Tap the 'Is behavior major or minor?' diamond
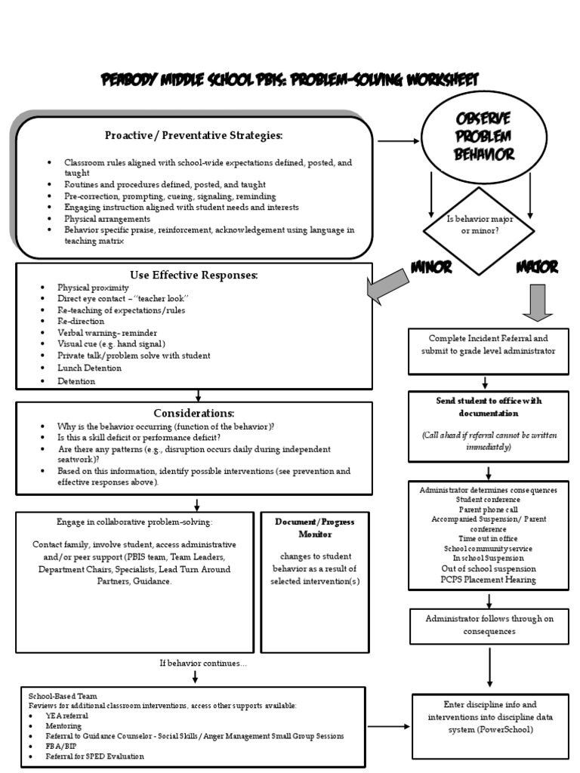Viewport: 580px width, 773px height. pyautogui.click(x=478, y=224)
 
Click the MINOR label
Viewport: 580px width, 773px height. pyautogui.click(x=431, y=267)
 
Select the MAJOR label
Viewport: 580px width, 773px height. pyautogui.click(x=537, y=267)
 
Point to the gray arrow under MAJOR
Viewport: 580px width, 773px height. pyautogui.click(x=537, y=301)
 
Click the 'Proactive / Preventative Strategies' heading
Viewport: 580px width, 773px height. pyautogui.click(x=194, y=135)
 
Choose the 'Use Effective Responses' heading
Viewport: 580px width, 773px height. pyautogui.click(x=194, y=275)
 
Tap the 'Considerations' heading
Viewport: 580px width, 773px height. pyautogui.click(x=194, y=413)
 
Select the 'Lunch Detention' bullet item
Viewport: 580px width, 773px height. pyautogui.click(x=89, y=368)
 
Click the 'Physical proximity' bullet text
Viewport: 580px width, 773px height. pyautogui.click(x=93, y=288)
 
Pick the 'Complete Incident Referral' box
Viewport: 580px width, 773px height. pyautogui.click(x=488, y=351)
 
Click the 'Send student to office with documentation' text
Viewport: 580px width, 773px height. pyautogui.click(x=489, y=407)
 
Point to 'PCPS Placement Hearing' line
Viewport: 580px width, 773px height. pyautogui.click(x=488, y=580)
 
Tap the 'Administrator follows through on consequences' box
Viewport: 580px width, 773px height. pyautogui.click(x=489, y=625)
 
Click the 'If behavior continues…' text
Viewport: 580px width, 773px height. pyautogui.click(x=202, y=664)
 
